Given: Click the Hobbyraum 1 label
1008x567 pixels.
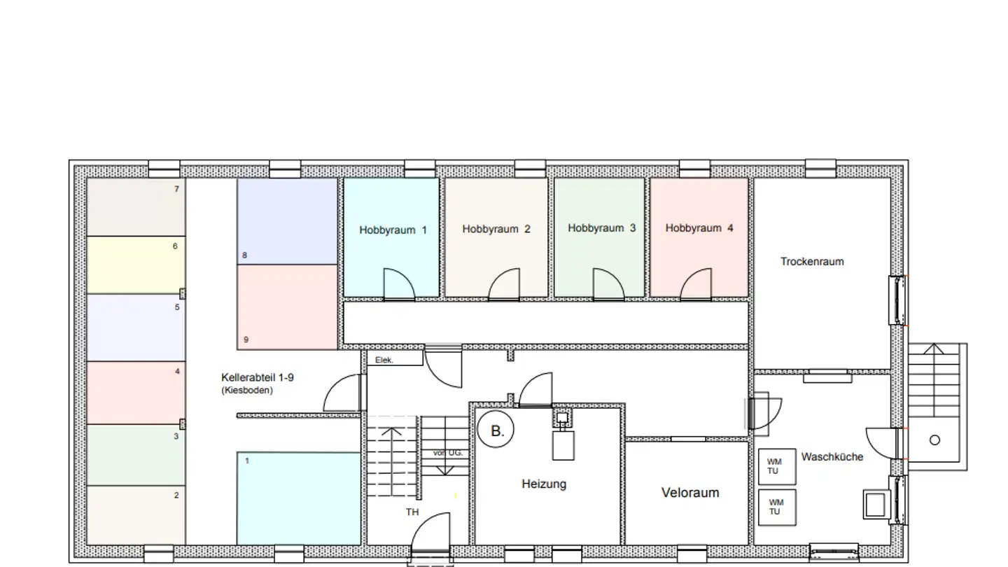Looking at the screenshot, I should pos(393,230).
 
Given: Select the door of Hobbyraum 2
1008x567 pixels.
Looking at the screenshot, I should pos(504,286).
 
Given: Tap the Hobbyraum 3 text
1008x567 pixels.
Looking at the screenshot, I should pos(601,228).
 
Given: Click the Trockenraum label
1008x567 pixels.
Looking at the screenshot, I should pos(812,262).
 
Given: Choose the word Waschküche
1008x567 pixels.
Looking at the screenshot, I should pos(832,457).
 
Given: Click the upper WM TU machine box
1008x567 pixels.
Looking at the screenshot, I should pos(777,466).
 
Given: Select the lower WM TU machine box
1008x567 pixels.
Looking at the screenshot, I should pos(777,507).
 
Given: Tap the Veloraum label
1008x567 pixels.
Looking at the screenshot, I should pos(689,493).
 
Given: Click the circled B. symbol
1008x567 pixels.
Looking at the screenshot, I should pos(496,431).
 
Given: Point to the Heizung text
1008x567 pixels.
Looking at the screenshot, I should pos(544,484).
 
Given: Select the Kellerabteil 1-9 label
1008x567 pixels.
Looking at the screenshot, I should pos(257,377).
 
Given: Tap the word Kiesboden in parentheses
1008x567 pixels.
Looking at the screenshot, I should pos(247,391).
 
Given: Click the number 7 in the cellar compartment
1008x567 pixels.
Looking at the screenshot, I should pos(176,190).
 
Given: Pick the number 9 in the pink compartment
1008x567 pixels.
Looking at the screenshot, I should pos(246,340).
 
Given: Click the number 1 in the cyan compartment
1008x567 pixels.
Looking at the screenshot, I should pos(246,461).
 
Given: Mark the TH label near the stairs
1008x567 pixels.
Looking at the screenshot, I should pos(412,512).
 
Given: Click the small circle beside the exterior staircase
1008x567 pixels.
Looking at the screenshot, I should pos(934,440).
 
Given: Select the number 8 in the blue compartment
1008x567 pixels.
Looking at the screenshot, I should pos(244,255).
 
